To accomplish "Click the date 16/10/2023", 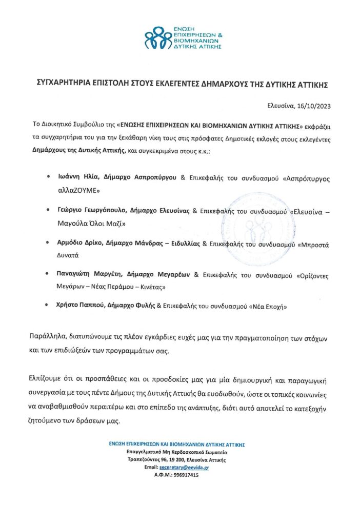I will click(313, 107).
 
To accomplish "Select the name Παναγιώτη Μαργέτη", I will click(89, 275).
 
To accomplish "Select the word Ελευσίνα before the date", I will click(280, 107).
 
